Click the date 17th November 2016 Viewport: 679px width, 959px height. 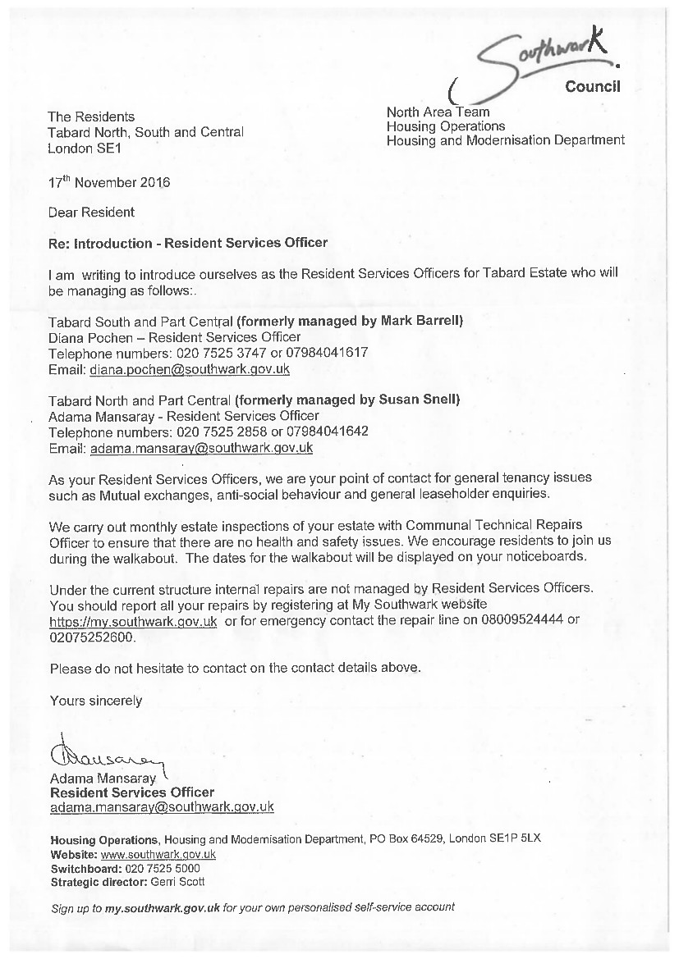click(109, 182)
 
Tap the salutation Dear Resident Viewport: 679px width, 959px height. click(91, 212)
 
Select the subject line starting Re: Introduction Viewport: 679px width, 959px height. click(188, 243)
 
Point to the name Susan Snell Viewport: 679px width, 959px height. click(418, 400)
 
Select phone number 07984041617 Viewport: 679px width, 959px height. click(327, 353)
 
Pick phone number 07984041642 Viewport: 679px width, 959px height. click(327, 432)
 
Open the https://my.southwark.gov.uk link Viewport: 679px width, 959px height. click(133, 621)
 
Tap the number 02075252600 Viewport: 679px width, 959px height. click(91, 637)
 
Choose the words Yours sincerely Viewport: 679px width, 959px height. click(96, 701)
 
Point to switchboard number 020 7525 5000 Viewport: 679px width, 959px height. click(162, 868)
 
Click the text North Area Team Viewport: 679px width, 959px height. click(438, 112)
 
